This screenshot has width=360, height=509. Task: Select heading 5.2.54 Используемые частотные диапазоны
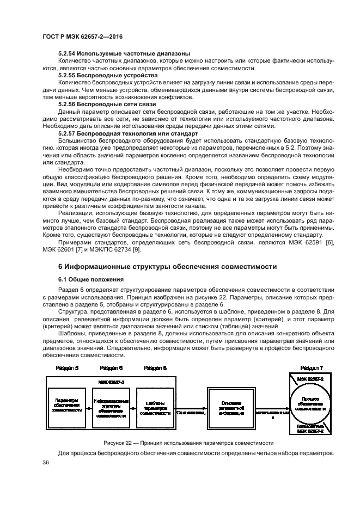click(124, 53)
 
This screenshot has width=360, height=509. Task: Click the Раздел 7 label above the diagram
click(311, 369)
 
